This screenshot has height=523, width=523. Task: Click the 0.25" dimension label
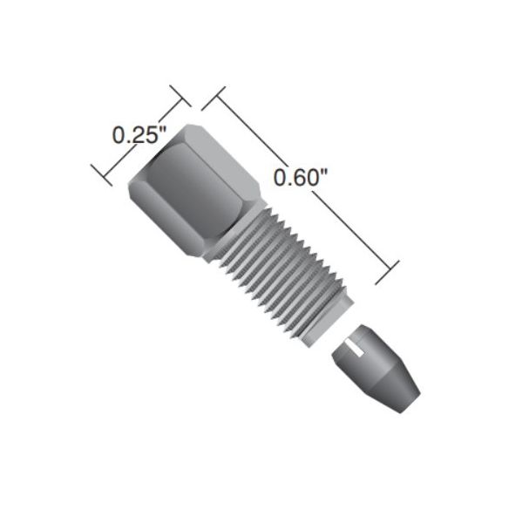[139, 135]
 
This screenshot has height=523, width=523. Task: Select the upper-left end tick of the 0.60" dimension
[214, 98]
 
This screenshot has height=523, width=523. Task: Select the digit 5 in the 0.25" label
[151, 136]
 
